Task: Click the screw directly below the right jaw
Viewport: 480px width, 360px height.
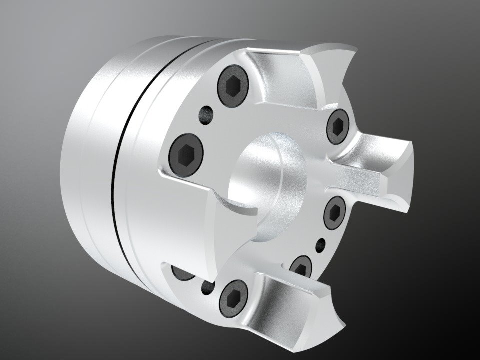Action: tap(335, 213)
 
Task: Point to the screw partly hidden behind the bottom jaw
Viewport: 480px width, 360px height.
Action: tap(302, 267)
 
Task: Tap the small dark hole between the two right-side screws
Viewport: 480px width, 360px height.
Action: tap(321, 245)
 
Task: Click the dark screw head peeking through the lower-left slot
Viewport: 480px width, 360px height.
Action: tap(180, 272)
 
